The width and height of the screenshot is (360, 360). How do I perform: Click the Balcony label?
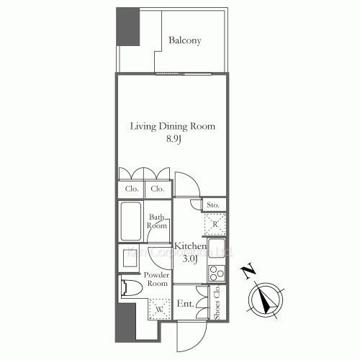tap(184, 40)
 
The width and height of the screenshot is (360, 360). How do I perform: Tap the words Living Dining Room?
tap(172, 126)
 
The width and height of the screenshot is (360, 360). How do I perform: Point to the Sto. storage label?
tap(212, 205)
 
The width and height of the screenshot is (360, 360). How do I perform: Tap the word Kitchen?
tap(190, 246)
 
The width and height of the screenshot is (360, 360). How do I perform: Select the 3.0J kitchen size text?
tap(190, 258)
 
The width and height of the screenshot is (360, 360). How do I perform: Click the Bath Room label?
tap(158, 221)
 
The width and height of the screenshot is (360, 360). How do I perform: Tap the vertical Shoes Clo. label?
tap(217, 303)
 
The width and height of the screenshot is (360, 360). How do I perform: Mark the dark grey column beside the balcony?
tap(128, 27)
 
